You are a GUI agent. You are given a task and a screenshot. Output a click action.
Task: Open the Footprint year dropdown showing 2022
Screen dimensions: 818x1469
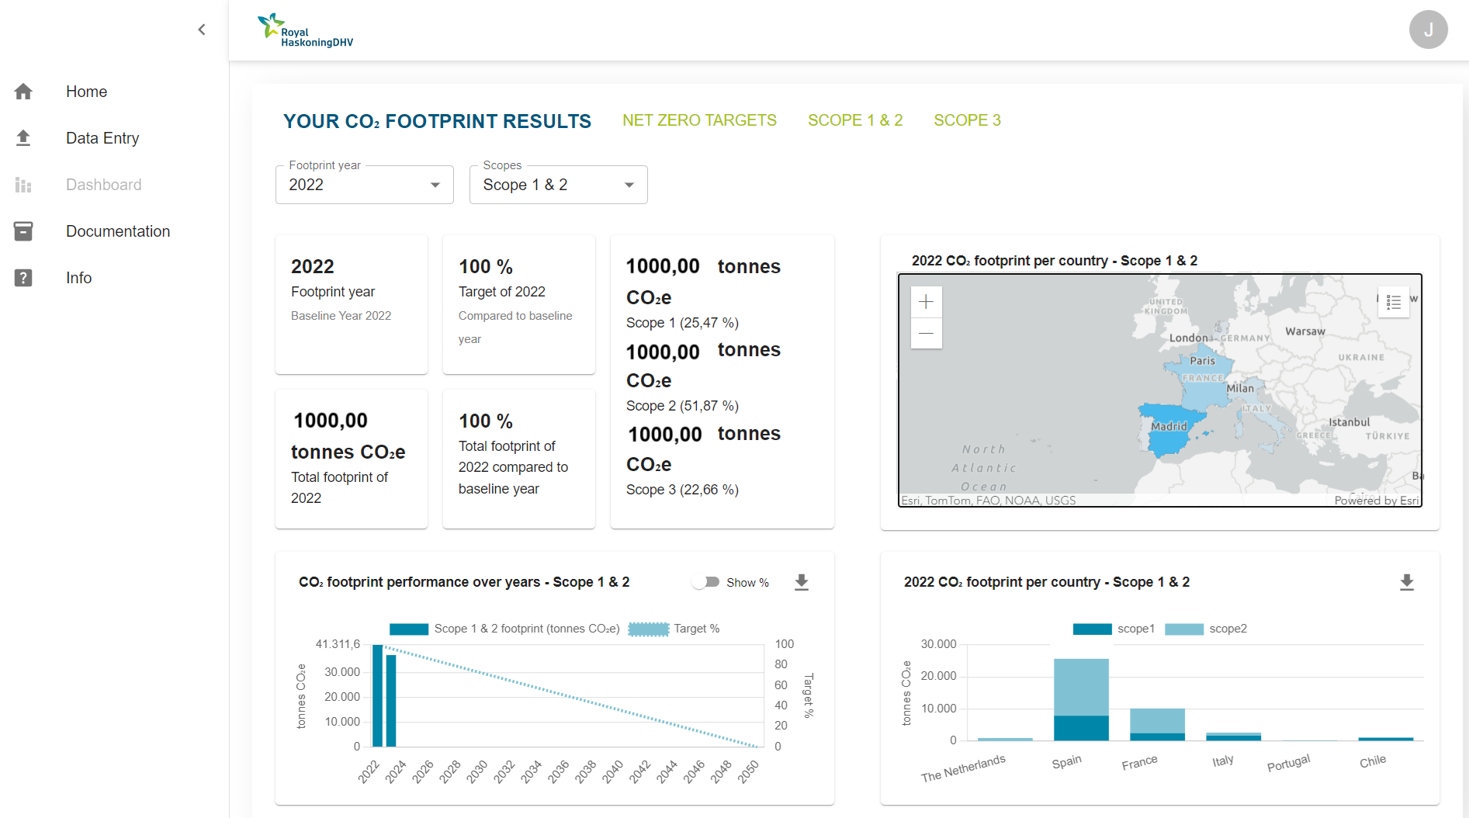[x=364, y=185]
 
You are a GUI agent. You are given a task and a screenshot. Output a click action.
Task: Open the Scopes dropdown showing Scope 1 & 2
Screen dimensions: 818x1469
[x=558, y=185]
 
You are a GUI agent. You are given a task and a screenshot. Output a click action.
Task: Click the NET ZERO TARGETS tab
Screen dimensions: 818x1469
[x=699, y=120]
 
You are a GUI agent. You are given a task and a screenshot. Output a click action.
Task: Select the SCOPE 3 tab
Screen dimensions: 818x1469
[x=967, y=120]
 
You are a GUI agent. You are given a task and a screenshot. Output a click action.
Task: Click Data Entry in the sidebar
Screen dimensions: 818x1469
[x=102, y=138]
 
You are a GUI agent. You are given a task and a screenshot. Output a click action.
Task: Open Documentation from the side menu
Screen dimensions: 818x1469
[x=117, y=231]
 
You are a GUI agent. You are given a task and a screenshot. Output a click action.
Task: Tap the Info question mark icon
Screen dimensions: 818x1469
[x=23, y=278]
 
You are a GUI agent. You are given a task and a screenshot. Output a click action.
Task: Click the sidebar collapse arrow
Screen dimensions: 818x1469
[x=202, y=29]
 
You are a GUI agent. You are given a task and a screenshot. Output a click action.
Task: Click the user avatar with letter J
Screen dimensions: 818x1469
[x=1428, y=29]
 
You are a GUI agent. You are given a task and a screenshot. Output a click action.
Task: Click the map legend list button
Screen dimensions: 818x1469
[x=1394, y=302]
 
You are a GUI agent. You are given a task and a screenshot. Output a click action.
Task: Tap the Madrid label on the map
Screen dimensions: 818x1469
[x=1169, y=426]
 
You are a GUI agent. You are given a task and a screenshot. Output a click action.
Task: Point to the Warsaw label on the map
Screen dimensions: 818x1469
[x=1305, y=331]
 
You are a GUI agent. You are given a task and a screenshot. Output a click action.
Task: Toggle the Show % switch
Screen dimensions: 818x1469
[x=705, y=582]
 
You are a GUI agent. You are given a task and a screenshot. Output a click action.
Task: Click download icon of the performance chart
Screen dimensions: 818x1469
[x=802, y=582]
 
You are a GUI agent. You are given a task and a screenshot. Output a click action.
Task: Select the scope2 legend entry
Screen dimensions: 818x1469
[x=1207, y=629]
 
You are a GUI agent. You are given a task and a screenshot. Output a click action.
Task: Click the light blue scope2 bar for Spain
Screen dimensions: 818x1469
[x=1081, y=687]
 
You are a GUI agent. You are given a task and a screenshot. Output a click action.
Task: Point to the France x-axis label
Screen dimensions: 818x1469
[x=1139, y=763]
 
